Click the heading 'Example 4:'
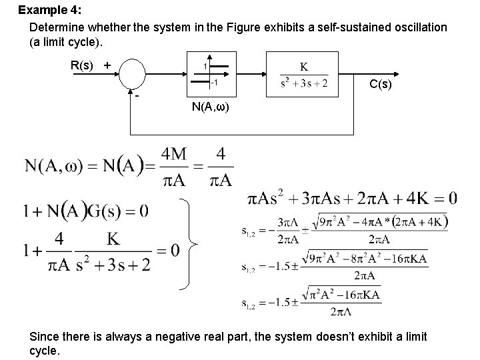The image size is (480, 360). tap(49, 11)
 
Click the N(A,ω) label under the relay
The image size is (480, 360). tap(209, 107)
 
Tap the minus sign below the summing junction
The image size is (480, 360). tap(137, 95)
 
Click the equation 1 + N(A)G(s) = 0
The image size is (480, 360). tap(86, 212)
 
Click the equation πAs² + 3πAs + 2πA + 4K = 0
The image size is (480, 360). tap(352, 198)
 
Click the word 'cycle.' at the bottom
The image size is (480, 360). tap(45, 351)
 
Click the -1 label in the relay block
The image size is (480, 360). tap(213, 83)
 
